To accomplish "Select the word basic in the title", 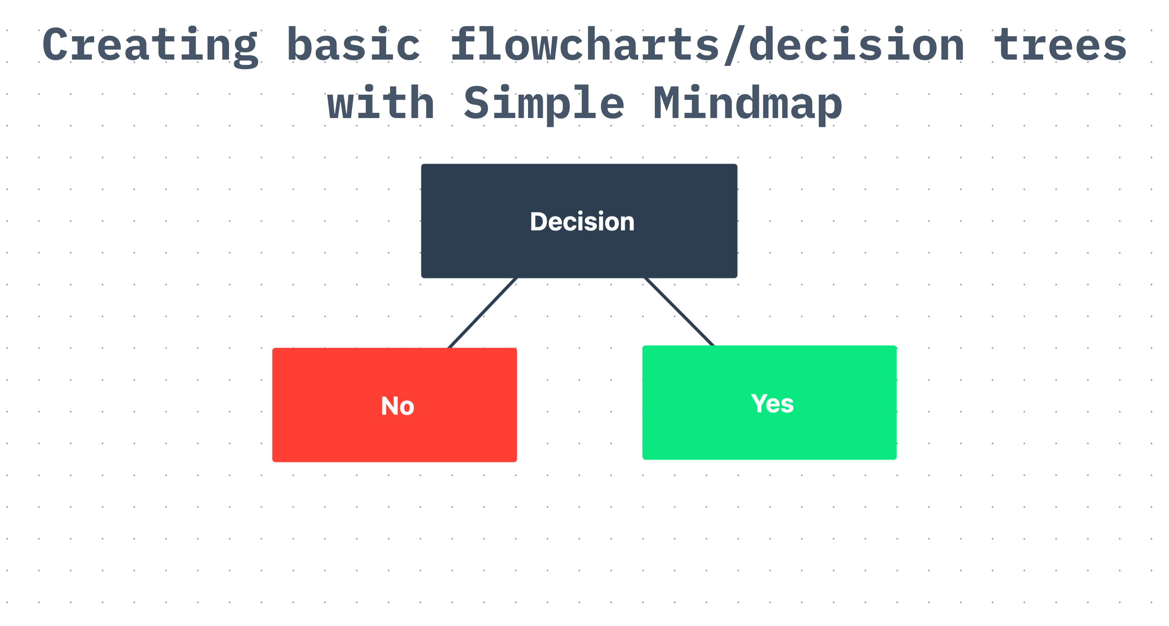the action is (353, 44).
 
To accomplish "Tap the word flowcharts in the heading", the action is (585, 44).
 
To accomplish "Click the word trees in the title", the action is (1060, 45).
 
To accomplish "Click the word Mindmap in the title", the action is (748, 105).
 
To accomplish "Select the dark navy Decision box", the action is (579, 221).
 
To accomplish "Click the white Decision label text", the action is (582, 222).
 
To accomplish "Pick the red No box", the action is (394, 405).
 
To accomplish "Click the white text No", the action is (398, 406).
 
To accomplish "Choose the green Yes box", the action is (769, 402).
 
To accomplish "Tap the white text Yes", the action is (772, 403).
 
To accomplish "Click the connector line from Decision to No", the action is (482, 313).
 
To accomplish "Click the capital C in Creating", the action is (55, 44).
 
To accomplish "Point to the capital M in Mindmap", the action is (667, 103).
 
